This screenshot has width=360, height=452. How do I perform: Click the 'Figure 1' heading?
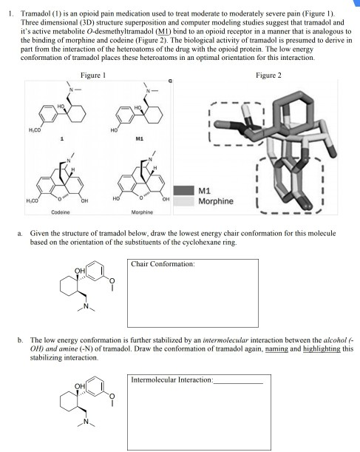(x=93, y=75)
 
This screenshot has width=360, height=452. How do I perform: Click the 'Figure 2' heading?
(x=268, y=75)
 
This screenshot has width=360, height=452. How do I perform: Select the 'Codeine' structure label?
(x=61, y=212)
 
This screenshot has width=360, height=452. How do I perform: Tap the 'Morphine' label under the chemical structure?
(x=142, y=212)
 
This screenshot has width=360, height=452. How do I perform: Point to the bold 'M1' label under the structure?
(x=140, y=138)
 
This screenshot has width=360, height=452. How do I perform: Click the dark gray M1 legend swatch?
(x=184, y=191)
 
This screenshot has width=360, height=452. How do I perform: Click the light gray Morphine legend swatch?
(x=184, y=201)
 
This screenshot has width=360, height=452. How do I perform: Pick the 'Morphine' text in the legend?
(x=216, y=201)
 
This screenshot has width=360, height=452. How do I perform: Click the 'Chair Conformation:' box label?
(x=163, y=264)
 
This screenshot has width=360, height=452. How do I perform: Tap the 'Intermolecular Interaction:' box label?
(x=172, y=380)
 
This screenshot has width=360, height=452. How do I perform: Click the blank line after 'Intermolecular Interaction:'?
(x=238, y=383)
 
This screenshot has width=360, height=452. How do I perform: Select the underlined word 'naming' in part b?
(x=276, y=348)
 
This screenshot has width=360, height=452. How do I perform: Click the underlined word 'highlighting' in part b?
(x=322, y=348)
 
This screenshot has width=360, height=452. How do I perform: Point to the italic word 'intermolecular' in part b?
(x=225, y=340)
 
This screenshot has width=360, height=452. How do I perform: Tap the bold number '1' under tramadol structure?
(x=62, y=139)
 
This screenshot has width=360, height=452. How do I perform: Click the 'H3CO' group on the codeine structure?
(x=32, y=201)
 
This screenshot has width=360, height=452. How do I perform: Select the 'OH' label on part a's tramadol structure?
(x=80, y=271)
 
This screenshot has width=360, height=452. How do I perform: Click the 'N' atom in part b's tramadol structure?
(x=86, y=421)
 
